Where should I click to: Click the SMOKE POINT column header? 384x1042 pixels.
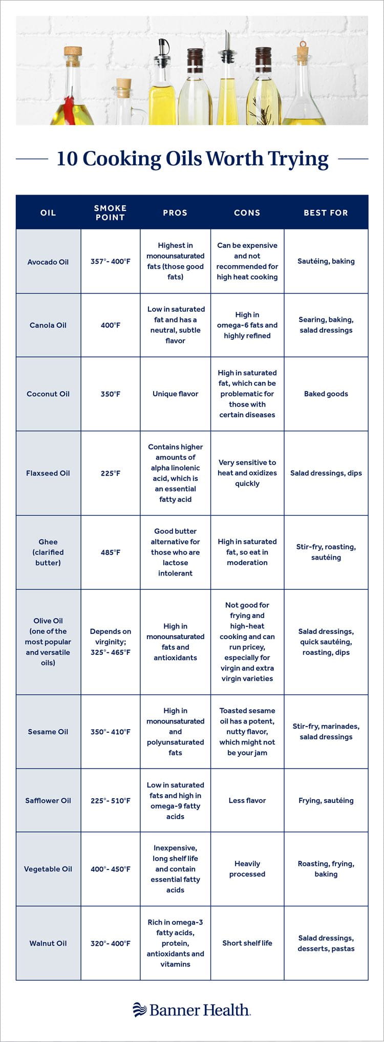pos(110,212)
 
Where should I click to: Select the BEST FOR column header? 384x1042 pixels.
pos(326,212)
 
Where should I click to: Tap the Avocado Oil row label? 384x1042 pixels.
pos(48,262)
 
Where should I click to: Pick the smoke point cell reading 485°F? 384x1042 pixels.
pos(111,552)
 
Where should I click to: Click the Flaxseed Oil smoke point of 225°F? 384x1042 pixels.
pos(111,473)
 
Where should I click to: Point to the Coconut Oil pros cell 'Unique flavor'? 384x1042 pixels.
pos(175,394)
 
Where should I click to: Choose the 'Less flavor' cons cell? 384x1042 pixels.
pos(247,800)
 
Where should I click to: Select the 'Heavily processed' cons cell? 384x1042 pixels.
pos(247,869)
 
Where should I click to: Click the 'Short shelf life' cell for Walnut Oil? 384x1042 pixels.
pos(247,943)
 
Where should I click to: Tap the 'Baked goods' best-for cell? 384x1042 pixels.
pos(326,394)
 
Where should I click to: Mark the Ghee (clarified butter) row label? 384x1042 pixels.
pos(48,552)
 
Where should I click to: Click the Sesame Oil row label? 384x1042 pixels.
pos(48,732)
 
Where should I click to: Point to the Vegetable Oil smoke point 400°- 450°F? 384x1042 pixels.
pos(111,869)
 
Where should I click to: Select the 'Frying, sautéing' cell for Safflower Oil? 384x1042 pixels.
pos(326,800)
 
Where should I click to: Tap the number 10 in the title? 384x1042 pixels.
pos(67,159)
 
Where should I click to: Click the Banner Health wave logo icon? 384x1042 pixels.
pos(139,1009)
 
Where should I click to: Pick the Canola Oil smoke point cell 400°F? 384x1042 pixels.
pos(111,325)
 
